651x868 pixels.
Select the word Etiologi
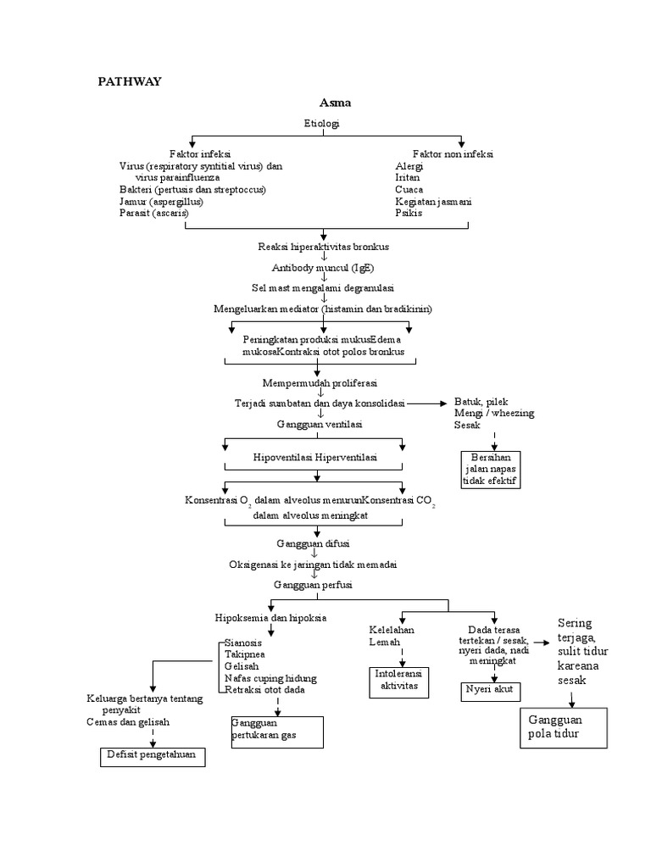coord(322,124)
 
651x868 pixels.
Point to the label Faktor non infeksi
coord(453,154)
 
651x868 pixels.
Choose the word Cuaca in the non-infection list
coord(409,190)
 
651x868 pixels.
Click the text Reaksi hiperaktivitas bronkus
coord(323,247)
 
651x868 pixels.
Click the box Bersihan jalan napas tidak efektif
coord(491,470)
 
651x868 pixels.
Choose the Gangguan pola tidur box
coord(563,727)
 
